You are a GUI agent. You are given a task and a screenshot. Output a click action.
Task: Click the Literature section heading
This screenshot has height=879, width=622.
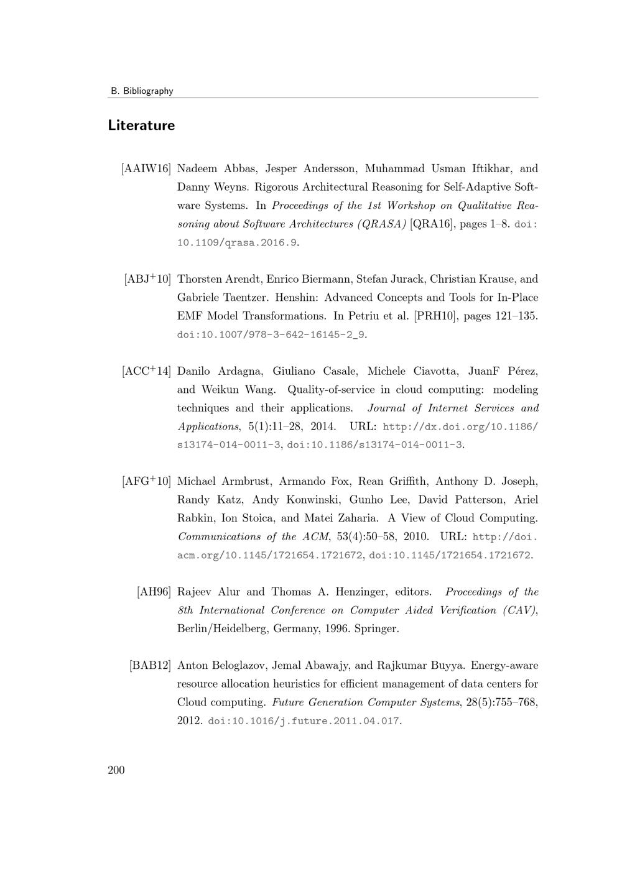(141, 126)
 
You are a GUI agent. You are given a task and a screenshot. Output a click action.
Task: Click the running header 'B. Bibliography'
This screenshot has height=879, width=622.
(142, 91)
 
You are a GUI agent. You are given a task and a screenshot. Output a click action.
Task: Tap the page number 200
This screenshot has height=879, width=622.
(116, 771)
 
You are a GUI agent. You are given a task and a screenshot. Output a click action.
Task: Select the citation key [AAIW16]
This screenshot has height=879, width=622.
(146, 168)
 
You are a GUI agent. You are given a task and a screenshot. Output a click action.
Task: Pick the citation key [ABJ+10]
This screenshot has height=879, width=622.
(147, 279)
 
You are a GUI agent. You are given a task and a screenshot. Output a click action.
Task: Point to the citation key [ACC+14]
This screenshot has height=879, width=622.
(146, 371)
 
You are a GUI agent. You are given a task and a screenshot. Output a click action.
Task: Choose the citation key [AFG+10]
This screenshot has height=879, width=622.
(146, 481)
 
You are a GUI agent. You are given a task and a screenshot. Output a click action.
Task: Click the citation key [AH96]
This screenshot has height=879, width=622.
(154, 592)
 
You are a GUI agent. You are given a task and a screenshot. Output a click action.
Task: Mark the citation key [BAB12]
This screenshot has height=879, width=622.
(150, 665)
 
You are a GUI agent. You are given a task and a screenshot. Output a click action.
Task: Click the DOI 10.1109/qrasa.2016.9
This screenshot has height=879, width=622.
(237, 242)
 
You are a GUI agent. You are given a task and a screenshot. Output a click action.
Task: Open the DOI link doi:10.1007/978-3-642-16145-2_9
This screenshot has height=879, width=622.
(271, 334)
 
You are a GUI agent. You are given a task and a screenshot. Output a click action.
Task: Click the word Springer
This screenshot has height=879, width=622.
(375, 628)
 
